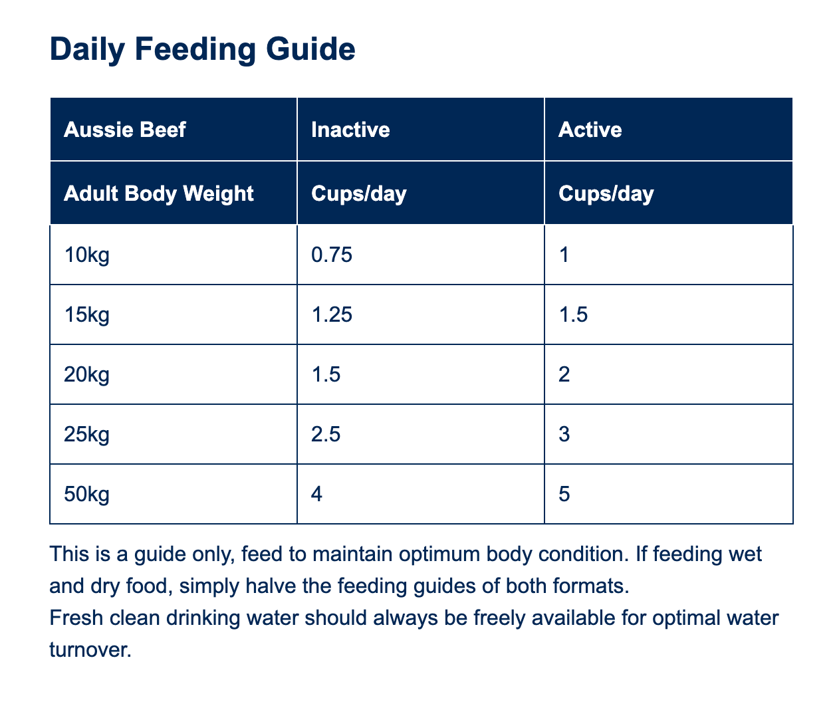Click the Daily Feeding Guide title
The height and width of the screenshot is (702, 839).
(202, 49)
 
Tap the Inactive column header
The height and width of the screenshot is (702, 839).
(350, 130)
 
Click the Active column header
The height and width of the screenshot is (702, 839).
(590, 130)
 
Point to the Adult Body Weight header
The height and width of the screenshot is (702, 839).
(159, 193)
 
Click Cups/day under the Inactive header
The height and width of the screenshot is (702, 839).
(359, 193)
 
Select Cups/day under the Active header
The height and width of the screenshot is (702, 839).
(606, 193)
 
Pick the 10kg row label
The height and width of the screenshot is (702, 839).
(86, 255)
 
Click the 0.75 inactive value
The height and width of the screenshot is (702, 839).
(332, 255)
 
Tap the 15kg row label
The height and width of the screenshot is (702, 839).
(86, 314)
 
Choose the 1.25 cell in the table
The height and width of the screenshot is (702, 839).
(332, 314)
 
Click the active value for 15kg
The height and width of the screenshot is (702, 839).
(573, 314)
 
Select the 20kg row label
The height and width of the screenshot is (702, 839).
(86, 374)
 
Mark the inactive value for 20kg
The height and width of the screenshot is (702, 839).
(326, 374)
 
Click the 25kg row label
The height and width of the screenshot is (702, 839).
(86, 434)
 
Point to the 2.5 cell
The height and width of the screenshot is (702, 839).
(326, 434)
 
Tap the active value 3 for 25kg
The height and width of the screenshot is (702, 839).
(564, 434)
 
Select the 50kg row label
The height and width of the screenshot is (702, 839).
(86, 494)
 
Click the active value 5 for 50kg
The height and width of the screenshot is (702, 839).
(564, 494)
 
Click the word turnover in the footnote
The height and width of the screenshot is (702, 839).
(90, 649)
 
